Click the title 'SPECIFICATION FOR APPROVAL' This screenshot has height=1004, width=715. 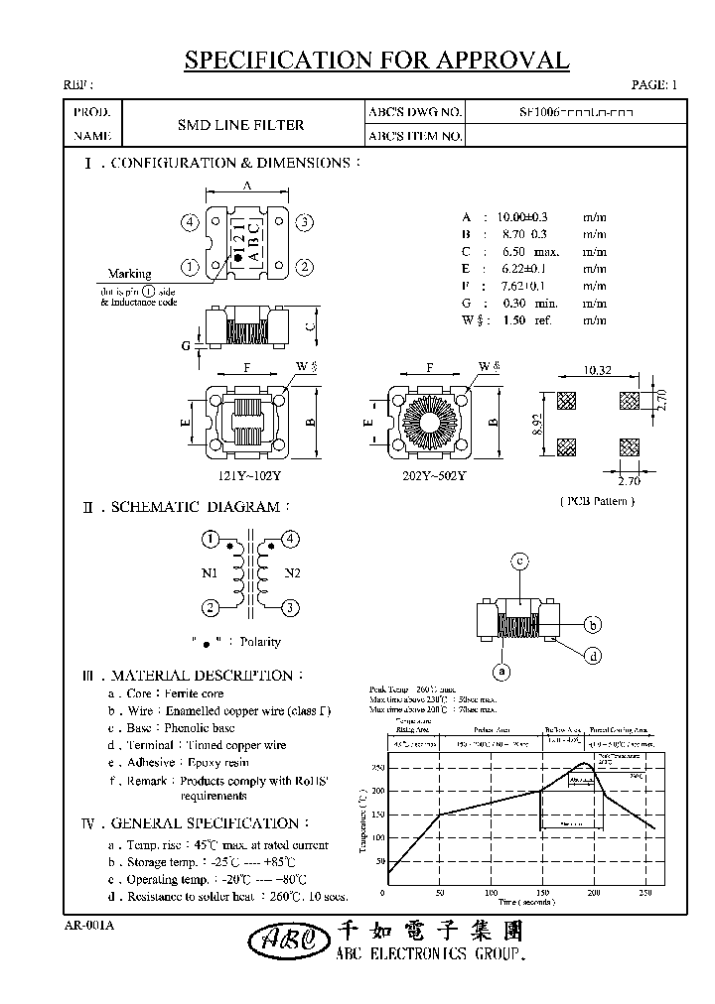pyautogui.click(x=376, y=61)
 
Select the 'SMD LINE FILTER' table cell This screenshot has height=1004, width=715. pyautogui.click(x=240, y=125)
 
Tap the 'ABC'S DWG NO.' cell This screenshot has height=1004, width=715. pyautogui.click(x=414, y=113)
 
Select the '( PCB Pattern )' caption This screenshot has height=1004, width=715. pyautogui.click(x=597, y=500)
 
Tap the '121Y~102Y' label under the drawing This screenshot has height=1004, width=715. pyautogui.click(x=247, y=475)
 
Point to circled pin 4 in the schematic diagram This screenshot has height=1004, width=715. pyautogui.click(x=291, y=539)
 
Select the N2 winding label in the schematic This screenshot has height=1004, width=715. pyautogui.click(x=293, y=572)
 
